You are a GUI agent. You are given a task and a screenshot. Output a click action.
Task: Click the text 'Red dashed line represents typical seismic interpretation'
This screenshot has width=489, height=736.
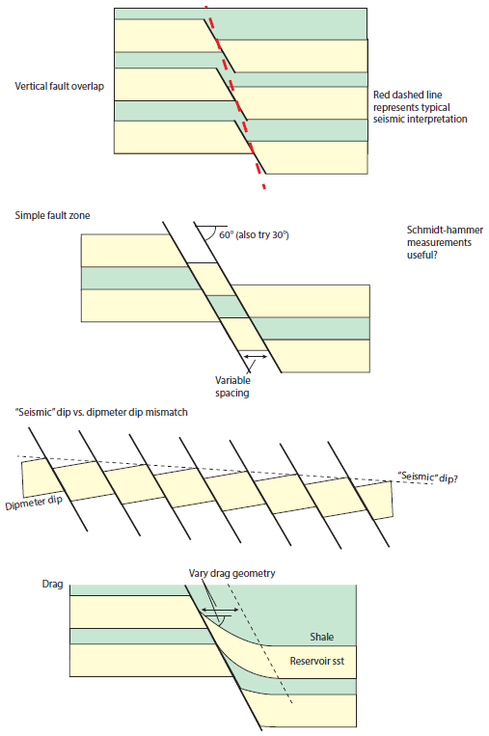pyautogui.click(x=420, y=107)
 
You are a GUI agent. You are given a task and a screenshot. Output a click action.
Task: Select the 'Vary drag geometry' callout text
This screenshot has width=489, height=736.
pyautogui.click(x=231, y=573)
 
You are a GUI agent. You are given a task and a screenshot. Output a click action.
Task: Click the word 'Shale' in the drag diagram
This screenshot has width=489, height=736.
pyautogui.click(x=322, y=638)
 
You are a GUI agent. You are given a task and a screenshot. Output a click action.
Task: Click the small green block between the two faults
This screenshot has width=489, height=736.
pyautogui.click(x=229, y=307)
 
